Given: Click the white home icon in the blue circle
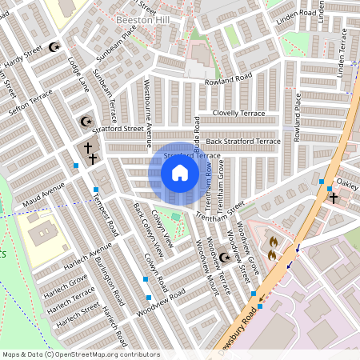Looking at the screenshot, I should pos(180,173).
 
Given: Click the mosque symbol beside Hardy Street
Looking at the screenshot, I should pos(54,47).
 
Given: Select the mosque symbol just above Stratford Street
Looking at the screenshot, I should pos(86,122).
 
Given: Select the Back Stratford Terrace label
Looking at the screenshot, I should pos(241,141).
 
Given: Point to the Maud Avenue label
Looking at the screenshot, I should pos(43,195).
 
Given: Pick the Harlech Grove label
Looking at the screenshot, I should pos(66,281).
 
